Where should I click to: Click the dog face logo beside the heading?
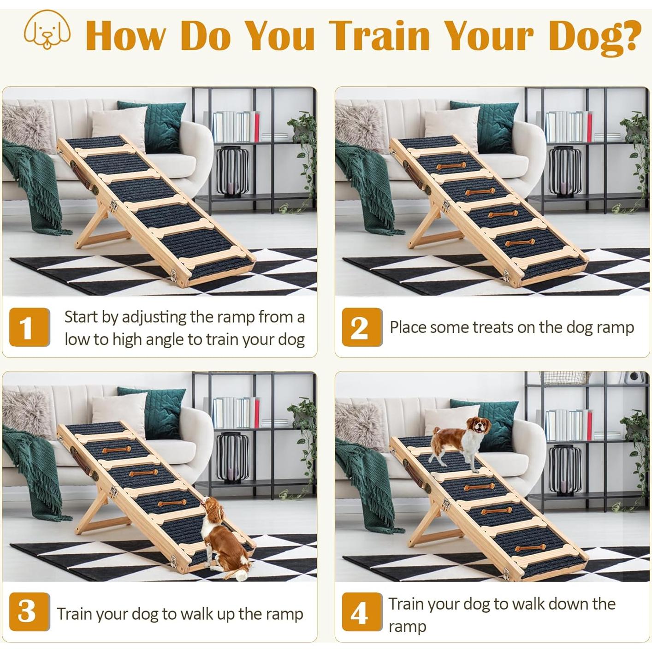point(47,30)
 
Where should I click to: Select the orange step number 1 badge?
point(30,327)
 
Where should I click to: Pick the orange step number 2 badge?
point(362,327)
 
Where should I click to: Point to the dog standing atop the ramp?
point(460,443)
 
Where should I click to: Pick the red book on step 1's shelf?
point(256,126)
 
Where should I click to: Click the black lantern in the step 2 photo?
point(565,171)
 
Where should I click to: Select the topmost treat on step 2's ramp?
point(450,166)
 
